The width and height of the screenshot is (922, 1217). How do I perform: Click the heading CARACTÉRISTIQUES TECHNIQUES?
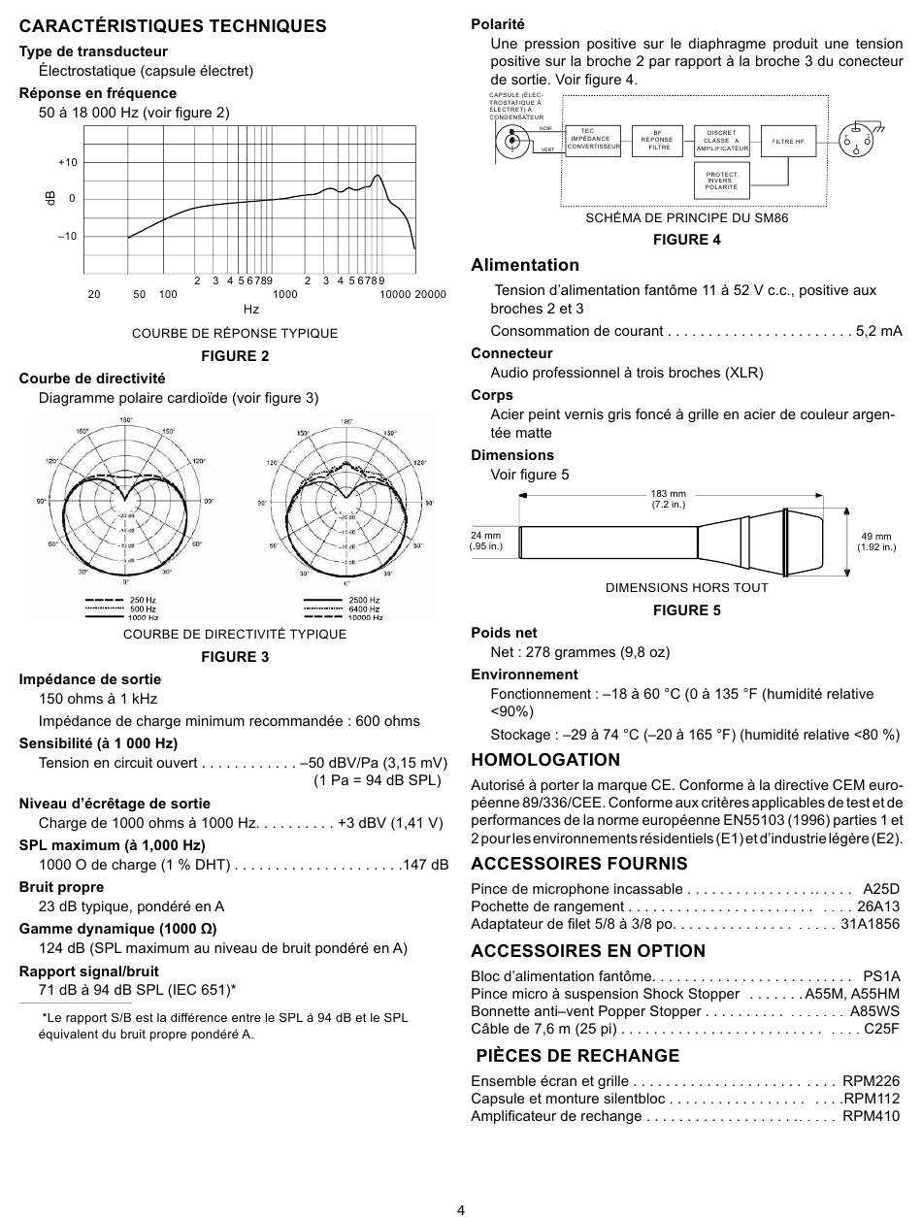[x=173, y=26]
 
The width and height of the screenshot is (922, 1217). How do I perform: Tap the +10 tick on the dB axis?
[x=67, y=162]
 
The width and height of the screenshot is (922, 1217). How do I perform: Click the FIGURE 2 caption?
[x=235, y=355]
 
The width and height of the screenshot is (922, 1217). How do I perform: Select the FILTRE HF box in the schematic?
[x=788, y=142]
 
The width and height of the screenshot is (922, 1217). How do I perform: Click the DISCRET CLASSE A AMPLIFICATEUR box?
[x=722, y=142]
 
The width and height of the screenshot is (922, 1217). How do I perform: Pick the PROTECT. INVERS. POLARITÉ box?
[x=722, y=181]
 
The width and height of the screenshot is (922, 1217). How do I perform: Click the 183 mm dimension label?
[x=668, y=499]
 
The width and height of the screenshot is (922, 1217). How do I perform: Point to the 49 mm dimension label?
[x=875, y=542]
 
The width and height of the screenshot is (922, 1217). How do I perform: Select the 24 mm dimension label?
[x=485, y=541]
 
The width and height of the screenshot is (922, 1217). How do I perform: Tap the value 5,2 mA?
[x=878, y=331]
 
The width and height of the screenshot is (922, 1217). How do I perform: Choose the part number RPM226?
[x=871, y=1080]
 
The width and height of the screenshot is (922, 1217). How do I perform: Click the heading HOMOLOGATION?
[x=544, y=760]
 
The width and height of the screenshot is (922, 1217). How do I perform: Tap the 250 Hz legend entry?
[x=142, y=601]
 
